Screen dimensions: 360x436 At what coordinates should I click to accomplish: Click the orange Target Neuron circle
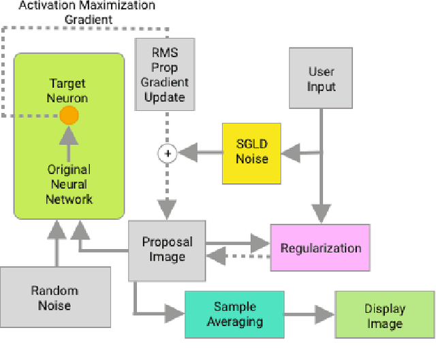[68, 116]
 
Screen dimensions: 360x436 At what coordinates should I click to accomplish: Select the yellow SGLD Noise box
[251, 154]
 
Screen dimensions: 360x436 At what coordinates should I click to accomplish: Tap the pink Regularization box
[321, 248]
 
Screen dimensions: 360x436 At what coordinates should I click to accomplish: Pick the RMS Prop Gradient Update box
[164, 75]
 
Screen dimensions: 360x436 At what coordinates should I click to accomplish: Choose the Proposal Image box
[167, 250]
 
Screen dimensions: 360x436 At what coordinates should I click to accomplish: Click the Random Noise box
[54, 297]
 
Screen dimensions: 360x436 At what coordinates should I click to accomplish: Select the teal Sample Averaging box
[234, 314]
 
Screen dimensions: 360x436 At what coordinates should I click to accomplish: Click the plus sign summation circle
[167, 154]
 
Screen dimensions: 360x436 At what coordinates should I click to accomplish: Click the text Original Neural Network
[68, 184]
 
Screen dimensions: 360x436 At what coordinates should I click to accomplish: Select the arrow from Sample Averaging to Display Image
[309, 314]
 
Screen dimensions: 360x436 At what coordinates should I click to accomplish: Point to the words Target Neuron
[68, 91]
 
